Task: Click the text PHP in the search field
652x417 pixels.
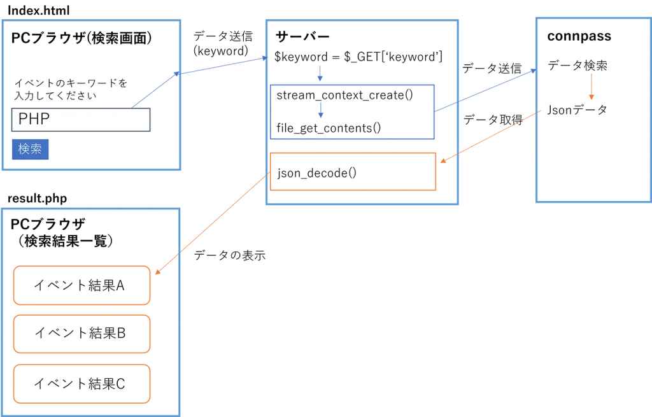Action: (34, 119)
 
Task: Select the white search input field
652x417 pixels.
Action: (96, 120)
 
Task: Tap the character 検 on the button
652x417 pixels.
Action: (24, 150)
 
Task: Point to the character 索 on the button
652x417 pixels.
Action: (37, 150)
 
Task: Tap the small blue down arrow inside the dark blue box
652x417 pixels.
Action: (321, 111)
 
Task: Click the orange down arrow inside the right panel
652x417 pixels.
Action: (592, 87)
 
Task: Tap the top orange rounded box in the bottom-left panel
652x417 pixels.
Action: (81, 286)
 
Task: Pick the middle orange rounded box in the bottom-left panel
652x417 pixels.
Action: (81, 334)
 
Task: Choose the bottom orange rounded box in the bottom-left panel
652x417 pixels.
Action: (81, 383)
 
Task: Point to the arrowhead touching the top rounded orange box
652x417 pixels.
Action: (156, 272)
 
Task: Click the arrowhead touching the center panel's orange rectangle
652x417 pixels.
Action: (441, 164)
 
